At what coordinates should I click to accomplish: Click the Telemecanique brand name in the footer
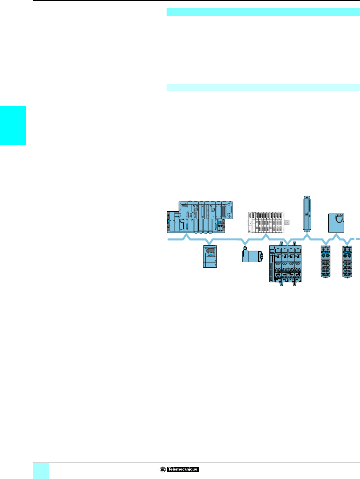click(183, 469)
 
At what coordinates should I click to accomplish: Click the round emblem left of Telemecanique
click(162, 469)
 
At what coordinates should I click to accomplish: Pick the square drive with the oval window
click(336, 223)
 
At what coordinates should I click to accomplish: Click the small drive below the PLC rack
click(210, 257)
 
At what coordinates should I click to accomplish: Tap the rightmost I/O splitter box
click(347, 262)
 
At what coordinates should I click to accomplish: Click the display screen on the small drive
click(210, 250)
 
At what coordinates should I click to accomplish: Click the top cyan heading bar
click(263, 12)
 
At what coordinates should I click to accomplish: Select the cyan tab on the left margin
click(13, 125)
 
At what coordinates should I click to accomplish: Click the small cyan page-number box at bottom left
click(40, 471)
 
